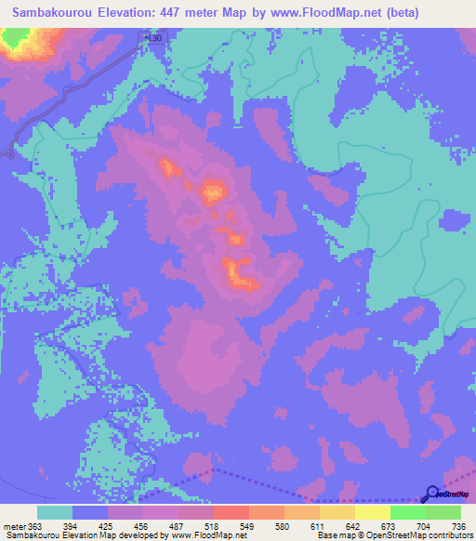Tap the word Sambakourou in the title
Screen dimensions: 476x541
[52, 13]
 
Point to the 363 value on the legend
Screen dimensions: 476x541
[36, 528]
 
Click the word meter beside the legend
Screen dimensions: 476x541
[13, 528]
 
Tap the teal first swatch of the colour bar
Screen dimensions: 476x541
[55, 512]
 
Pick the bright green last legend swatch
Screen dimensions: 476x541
[443, 512]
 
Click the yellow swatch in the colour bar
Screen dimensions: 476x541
[372, 512]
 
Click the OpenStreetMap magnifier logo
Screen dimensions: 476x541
[431, 495]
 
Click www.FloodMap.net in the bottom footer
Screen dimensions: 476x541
[214, 536]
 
